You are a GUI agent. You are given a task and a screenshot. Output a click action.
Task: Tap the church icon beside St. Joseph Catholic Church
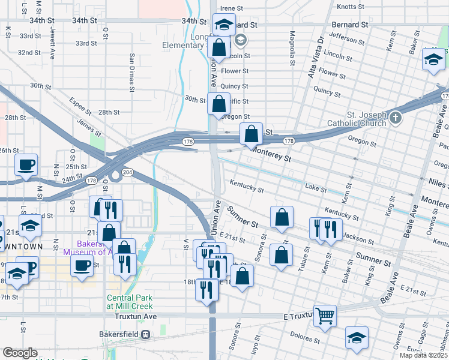click(395, 118)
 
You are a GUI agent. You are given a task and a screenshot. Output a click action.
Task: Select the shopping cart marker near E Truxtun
click(325, 314)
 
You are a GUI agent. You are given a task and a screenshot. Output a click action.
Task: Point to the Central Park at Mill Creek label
click(130, 302)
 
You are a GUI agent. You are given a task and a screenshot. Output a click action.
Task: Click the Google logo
click(20, 353)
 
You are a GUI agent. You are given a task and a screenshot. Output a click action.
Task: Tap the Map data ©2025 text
click(424, 356)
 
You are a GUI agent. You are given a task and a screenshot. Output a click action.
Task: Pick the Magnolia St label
click(292, 49)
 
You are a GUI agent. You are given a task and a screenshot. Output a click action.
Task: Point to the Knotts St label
click(351, 7)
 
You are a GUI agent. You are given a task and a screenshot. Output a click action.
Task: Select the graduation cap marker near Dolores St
click(357, 337)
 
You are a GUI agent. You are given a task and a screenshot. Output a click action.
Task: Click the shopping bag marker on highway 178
click(252, 133)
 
